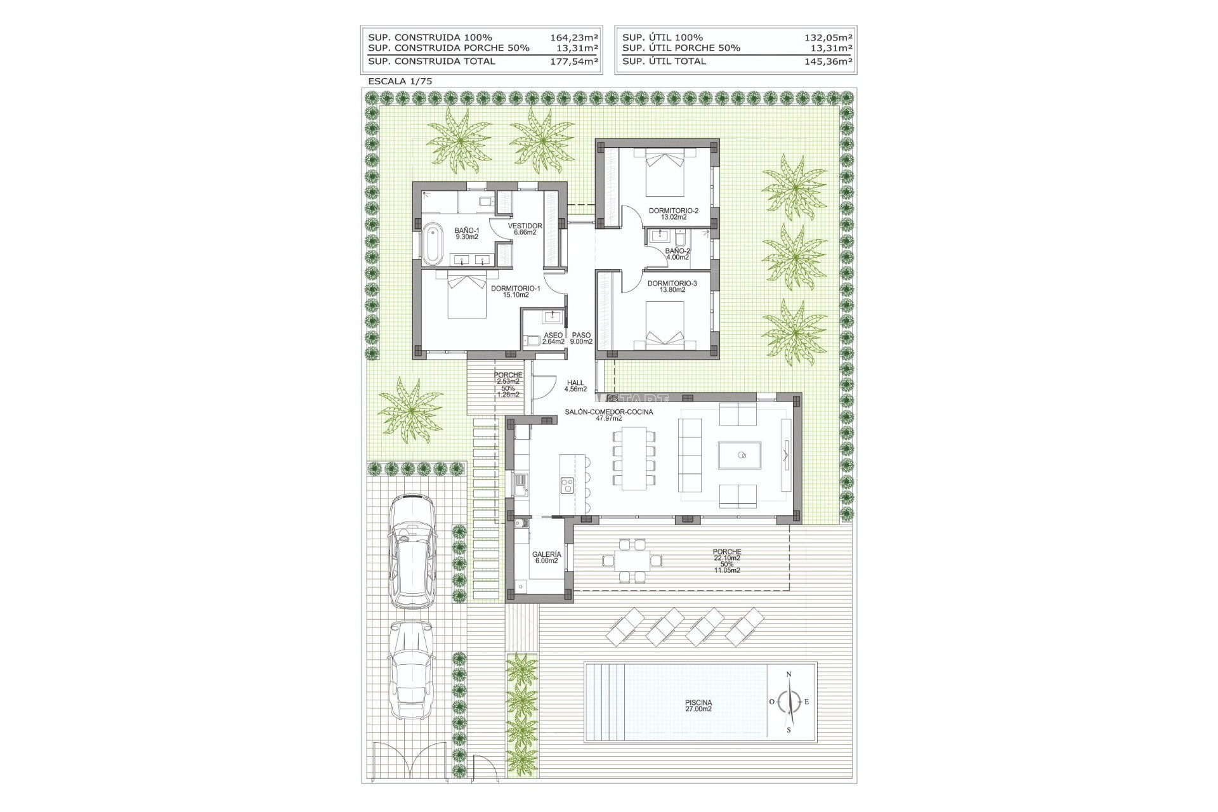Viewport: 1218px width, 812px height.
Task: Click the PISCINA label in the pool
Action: pyautogui.click(x=698, y=702)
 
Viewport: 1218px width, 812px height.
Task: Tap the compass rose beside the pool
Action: pyautogui.click(x=789, y=702)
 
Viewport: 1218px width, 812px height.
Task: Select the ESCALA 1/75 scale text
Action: pyautogui.click(x=400, y=81)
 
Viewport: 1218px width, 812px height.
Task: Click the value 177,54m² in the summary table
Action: pyautogui.click(x=573, y=62)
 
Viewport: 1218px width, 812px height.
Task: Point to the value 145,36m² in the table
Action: pyautogui.click(x=827, y=62)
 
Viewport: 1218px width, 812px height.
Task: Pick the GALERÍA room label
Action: pyautogui.click(x=546, y=554)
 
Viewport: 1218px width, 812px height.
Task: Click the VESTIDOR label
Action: pyautogui.click(x=525, y=226)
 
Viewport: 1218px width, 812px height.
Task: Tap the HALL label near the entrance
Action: pyautogui.click(x=576, y=383)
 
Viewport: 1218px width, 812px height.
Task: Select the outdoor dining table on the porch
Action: pyautogui.click(x=632, y=560)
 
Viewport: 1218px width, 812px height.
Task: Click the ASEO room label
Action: pyautogui.click(x=553, y=335)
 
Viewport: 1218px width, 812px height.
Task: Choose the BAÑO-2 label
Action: pyautogui.click(x=678, y=251)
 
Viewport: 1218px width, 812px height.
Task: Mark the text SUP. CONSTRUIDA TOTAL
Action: pyautogui.click(x=431, y=62)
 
